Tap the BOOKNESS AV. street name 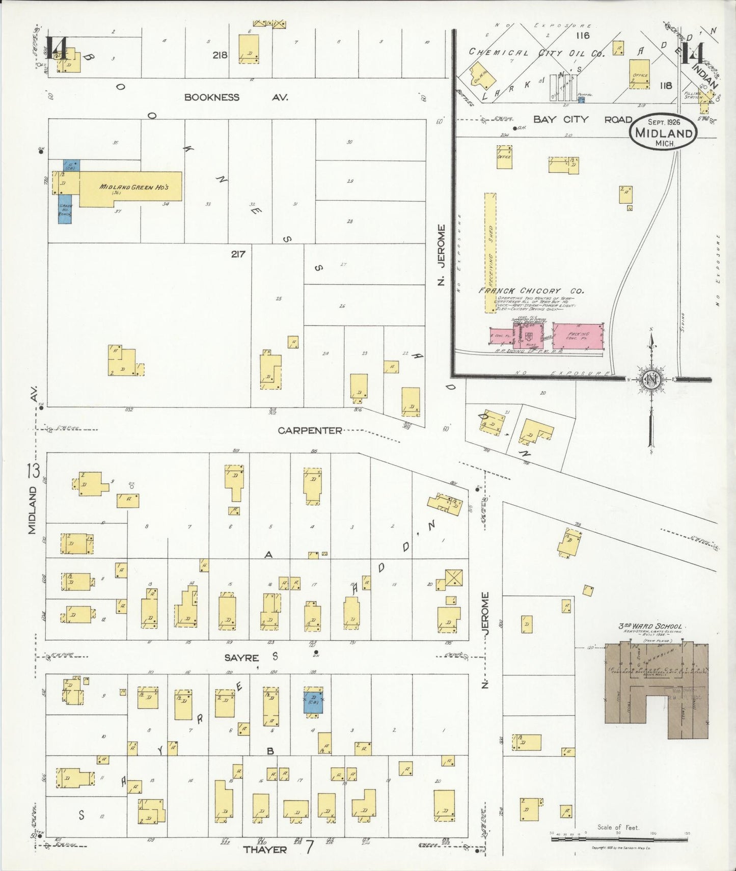pos(236,97)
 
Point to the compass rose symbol pos(651,380)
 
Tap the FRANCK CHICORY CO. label pos(531,291)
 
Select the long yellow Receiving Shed pos(490,252)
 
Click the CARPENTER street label pos(310,430)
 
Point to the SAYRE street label pos(241,658)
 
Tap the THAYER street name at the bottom pos(265,850)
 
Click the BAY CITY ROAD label pos(582,119)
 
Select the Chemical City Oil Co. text pos(536,52)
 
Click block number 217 pos(238,254)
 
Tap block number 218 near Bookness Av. pos(220,55)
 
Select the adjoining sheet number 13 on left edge pos(34,471)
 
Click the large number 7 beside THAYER pos(309,848)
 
